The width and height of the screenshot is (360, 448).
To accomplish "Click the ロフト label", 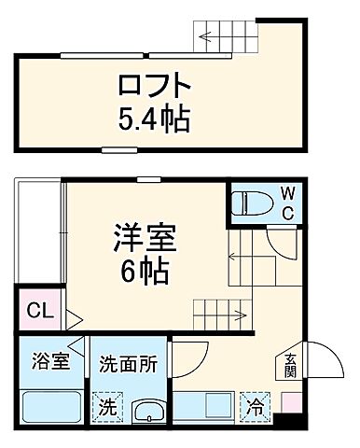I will click(154, 87).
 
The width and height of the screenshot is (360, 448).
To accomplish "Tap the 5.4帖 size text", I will click(154, 119).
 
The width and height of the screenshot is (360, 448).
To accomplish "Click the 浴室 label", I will click(48, 361).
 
